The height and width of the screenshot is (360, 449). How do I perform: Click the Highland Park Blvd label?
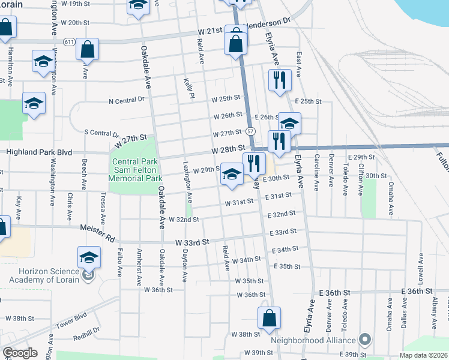39,152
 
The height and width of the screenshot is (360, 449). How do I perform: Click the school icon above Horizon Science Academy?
89,257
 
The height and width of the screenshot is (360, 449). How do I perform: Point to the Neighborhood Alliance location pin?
364,340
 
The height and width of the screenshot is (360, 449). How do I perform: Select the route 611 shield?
68,42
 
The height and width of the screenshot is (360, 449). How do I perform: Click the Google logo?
20,353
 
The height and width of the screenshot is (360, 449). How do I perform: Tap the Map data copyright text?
424,355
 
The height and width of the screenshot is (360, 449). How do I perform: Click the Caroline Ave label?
316,174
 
